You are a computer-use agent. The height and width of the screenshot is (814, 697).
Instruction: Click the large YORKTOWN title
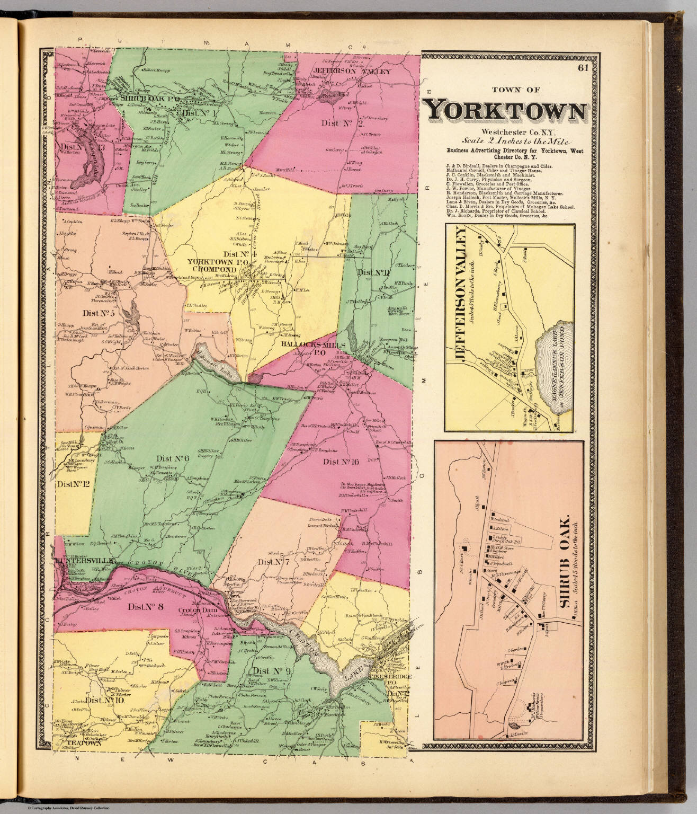(506, 111)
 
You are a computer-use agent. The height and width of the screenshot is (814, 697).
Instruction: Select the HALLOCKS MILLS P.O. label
(312, 348)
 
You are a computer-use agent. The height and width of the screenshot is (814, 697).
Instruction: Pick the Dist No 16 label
(341, 462)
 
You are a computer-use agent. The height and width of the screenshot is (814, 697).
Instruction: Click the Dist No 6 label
(173, 458)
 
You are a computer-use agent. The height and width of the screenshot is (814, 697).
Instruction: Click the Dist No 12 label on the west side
(73, 483)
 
